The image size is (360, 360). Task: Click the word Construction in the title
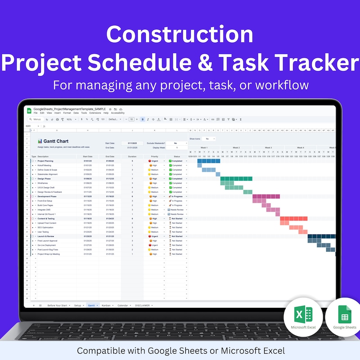(x=180, y=35)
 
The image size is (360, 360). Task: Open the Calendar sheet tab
(x=123, y=305)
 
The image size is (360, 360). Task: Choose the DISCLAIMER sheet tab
(x=143, y=305)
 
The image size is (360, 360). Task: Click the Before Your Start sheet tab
(x=57, y=305)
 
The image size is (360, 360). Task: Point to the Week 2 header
(x=236, y=148)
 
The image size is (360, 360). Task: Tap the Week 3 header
(x=268, y=148)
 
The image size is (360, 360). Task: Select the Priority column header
(x=155, y=157)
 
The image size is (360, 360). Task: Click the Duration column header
(x=132, y=157)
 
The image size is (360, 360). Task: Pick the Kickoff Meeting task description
(x=45, y=165)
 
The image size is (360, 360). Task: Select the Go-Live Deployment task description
(x=47, y=245)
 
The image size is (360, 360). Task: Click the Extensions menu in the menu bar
(x=95, y=113)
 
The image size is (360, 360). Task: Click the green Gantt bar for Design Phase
(x=234, y=179)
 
